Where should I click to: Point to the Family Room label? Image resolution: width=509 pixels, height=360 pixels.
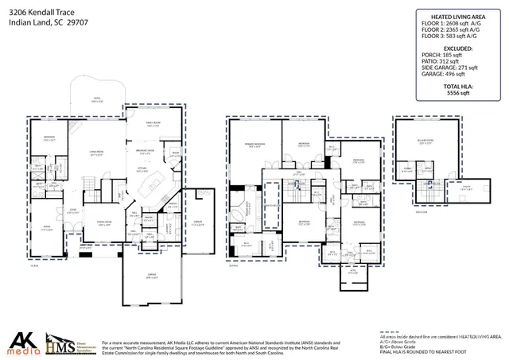pyautogui.click(x=153, y=125)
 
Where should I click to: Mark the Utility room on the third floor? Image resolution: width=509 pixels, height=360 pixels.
pyautogui.click(x=464, y=188)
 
